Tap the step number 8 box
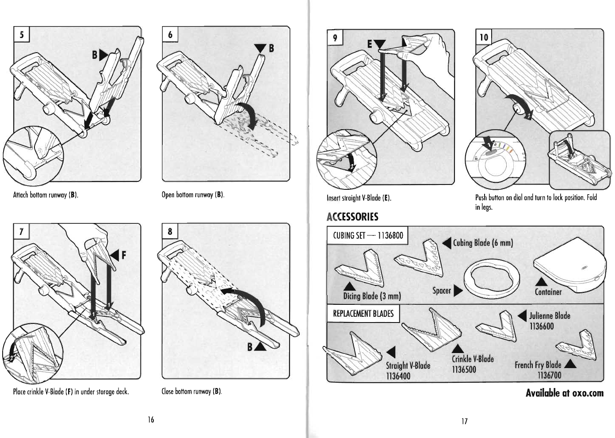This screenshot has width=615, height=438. coord(170,231)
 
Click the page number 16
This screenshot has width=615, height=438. coord(151,419)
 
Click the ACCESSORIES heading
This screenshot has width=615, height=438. coord(352,217)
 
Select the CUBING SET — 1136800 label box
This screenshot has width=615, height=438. coord(367,235)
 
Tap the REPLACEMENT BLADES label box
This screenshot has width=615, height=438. coord(363,313)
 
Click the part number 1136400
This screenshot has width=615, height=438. coord(398,376)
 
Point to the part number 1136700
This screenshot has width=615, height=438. coord(549,375)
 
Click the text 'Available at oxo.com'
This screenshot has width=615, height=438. coord(564,393)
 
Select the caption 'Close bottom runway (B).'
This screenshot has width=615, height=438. coord(191,391)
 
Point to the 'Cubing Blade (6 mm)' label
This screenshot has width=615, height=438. coord(483,242)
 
